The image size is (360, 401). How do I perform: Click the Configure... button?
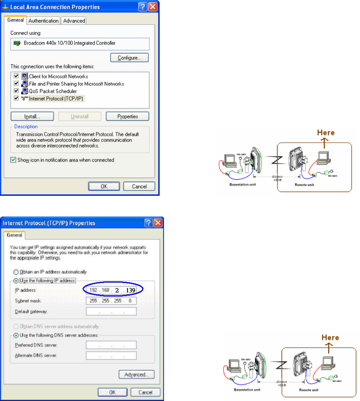coord(129,58)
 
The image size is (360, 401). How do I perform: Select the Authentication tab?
coord(43,21)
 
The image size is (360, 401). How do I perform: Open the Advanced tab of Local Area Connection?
coord(74,21)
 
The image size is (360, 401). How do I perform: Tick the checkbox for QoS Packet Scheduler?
coord(16,91)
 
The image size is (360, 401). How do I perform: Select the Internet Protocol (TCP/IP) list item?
coord(56,99)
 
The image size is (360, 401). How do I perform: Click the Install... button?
coord(32,116)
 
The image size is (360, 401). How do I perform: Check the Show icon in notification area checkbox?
coord(13,160)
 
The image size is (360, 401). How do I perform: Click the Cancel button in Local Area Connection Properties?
coord(139,187)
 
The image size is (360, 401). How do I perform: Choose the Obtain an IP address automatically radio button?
coord(16,272)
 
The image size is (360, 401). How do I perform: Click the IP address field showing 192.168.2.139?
coord(111,290)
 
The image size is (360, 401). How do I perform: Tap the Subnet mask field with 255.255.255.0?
coord(111,301)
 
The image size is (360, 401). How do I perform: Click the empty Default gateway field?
coord(111,311)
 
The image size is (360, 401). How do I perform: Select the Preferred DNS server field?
coord(111,345)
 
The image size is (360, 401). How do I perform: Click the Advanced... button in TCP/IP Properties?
coord(136,374)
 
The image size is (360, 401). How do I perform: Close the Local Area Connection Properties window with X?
coord(153,7)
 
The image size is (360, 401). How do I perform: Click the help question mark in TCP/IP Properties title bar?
coord(149,223)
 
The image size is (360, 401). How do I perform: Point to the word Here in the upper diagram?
coord(326,132)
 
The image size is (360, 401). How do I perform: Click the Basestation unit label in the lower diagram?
coord(247,390)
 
